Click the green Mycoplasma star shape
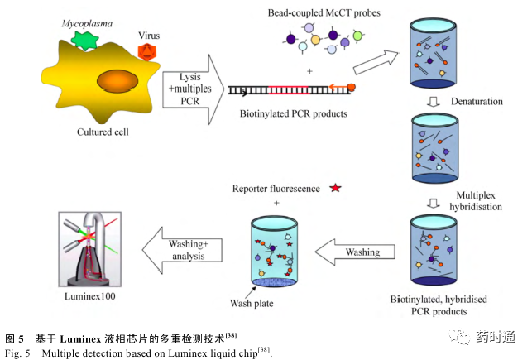point(84,40)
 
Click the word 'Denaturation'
point(478,101)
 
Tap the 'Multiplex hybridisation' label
point(481,196)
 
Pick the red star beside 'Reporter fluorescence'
point(335,189)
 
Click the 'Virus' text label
point(151,36)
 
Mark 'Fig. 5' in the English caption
point(18,353)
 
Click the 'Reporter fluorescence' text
point(276,190)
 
